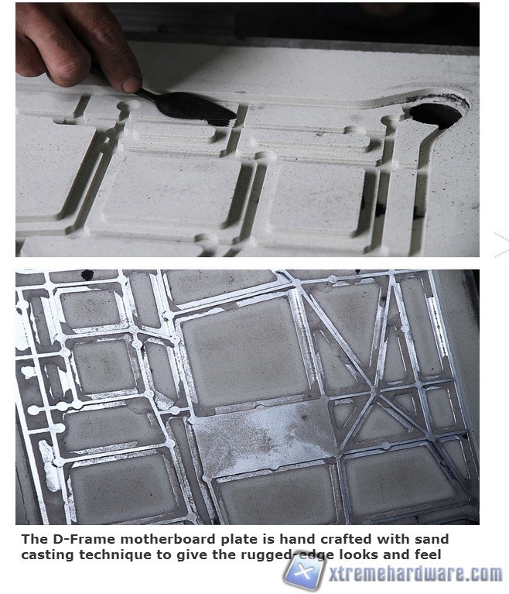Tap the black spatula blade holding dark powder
(x=195, y=107)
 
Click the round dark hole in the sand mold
(x=436, y=114)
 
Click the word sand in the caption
(x=431, y=539)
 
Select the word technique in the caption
(x=115, y=555)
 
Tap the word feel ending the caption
(x=428, y=555)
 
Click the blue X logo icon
(x=304, y=571)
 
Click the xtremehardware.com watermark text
(x=415, y=574)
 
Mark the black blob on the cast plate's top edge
(x=87, y=275)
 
